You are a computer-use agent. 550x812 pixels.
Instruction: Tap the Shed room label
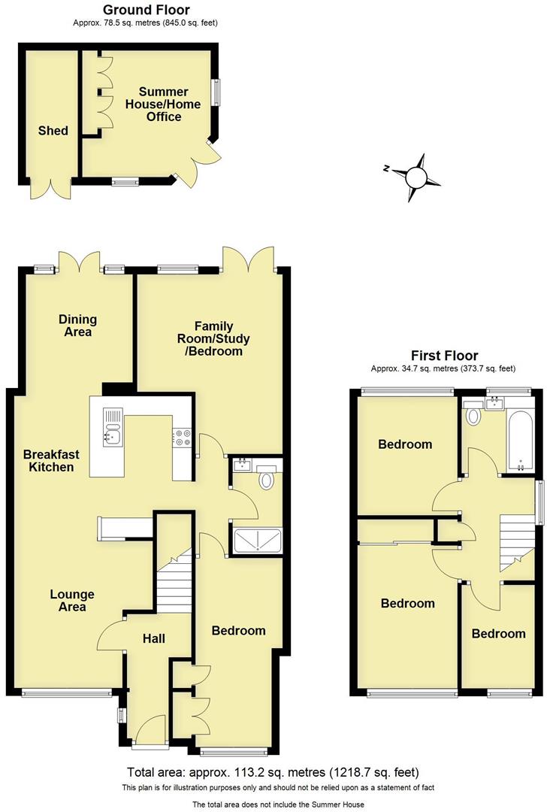tap(53, 131)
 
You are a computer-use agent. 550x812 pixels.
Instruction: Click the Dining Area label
tap(78, 326)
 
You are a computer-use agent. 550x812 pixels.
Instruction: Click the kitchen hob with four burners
tap(183, 437)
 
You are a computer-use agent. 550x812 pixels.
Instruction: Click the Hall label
tap(154, 638)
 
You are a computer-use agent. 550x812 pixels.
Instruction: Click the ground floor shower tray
tap(258, 540)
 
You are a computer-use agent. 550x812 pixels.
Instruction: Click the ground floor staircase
tap(174, 579)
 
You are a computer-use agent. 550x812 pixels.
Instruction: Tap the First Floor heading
tap(443, 356)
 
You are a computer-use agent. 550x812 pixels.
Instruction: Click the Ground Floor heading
tap(146, 10)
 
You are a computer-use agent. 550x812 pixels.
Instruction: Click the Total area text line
tap(274, 772)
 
